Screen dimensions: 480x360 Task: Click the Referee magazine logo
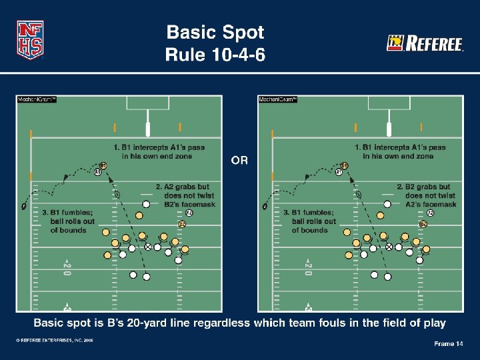point(425,44)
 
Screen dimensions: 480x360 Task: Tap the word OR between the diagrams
point(239,161)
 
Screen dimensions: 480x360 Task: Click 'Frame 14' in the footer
point(448,343)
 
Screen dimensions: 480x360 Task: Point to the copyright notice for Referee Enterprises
point(55,340)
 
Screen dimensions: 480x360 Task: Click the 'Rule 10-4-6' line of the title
point(215,55)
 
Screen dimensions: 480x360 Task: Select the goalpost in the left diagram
point(148,124)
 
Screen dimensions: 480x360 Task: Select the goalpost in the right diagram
point(389,124)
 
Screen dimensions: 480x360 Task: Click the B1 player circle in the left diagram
point(103,165)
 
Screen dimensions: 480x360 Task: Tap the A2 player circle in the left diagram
point(189,213)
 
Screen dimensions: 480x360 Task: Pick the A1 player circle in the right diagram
point(339,173)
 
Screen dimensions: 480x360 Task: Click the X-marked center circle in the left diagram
point(148,247)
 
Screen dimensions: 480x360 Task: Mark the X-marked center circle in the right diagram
point(389,247)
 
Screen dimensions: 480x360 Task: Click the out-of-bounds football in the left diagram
point(24,206)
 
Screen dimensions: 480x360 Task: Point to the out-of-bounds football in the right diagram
point(265,206)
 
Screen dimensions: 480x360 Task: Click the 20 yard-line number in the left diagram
point(67,267)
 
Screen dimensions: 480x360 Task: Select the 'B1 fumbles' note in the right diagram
point(313,221)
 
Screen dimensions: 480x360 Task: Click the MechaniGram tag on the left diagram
point(36,100)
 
